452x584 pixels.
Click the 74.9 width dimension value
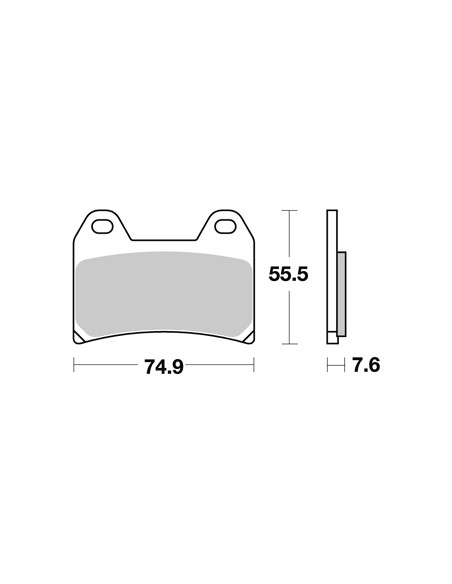(164, 367)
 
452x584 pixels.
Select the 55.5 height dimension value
(289, 275)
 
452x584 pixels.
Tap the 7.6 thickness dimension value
(366, 365)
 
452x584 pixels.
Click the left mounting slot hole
(102, 227)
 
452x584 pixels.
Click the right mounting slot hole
(225, 227)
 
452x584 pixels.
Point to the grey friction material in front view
(164, 294)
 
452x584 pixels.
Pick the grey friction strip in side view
(342, 294)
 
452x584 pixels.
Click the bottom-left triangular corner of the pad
(78, 337)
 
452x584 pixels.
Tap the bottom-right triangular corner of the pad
(249, 337)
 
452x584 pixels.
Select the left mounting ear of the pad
(102, 225)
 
